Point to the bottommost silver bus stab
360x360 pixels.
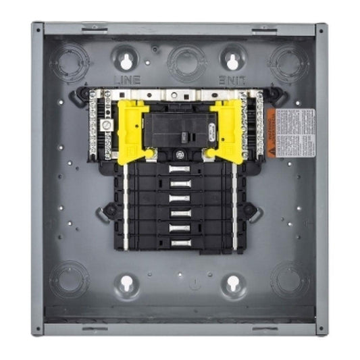179,242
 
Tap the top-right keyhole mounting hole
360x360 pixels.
232,59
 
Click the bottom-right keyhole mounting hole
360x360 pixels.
232,284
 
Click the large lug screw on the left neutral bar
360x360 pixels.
105,126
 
